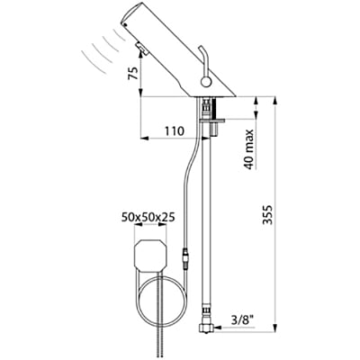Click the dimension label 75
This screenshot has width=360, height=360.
[x=132, y=77]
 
